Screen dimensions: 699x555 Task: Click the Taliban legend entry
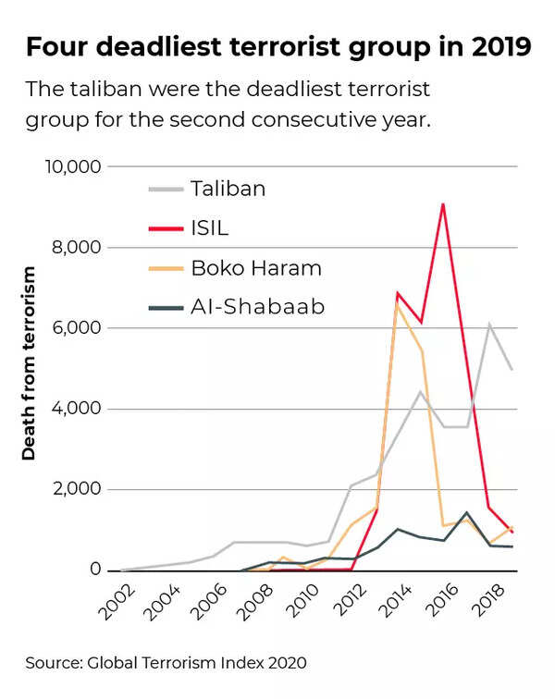228,189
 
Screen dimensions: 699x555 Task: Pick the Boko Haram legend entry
256,268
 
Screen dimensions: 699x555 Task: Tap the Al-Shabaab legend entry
258,307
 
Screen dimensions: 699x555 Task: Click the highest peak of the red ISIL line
443,203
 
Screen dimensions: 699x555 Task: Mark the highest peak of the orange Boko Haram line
397,304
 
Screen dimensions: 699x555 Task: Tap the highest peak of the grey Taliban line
489,324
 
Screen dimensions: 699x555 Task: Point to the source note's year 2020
286,662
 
